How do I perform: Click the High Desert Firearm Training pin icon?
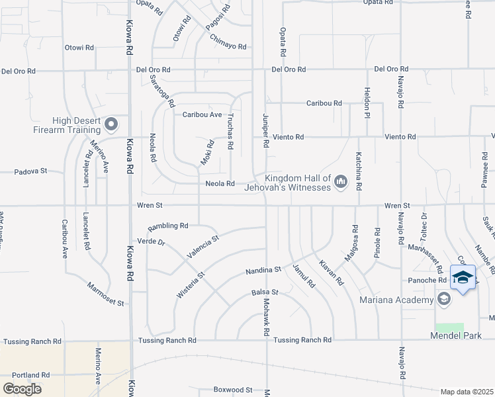tap(111, 124)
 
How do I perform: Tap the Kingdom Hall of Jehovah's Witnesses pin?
tap(341, 181)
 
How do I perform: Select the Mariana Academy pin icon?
tap(443, 299)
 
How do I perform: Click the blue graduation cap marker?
tap(463, 278)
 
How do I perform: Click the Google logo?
tap(22, 388)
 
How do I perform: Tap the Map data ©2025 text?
tap(467, 392)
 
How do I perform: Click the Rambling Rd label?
tap(168, 226)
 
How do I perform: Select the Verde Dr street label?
tap(151, 242)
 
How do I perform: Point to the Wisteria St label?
tap(189, 283)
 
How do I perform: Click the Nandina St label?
tap(263, 270)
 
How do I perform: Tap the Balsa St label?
tap(265, 292)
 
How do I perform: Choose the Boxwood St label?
tap(233, 390)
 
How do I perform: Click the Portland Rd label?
tap(30, 375)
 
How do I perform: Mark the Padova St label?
tap(31, 171)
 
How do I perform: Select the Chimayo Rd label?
tap(228, 47)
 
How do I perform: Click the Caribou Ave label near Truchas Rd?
tap(202, 114)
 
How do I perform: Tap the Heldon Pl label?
tap(366, 103)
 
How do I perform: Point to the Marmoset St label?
tap(106, 294)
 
